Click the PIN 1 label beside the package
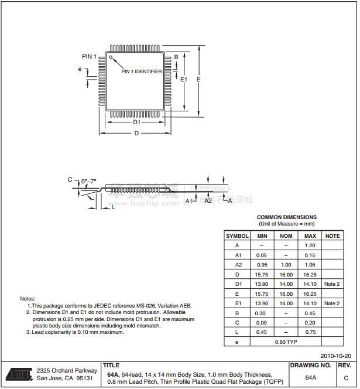pos(88,56)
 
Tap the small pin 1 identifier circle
pos(111,57)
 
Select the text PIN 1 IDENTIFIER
pos(142,71)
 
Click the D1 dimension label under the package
pos(136,122)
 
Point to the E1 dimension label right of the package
pos(184,79)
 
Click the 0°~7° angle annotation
pos(90,181)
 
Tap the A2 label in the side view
pos(208,200)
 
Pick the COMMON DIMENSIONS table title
pos(286,217)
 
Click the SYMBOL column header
pos(237,236)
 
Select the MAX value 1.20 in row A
pos(310,245)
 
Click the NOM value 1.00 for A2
pos(286,265)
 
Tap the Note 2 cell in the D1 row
pos(332,284)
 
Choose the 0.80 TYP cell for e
pos(286,342)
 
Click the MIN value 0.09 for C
pos(262,322)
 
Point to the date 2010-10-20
pos(336,356)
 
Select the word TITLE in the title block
pos(111,366)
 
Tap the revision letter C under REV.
pos(346,378)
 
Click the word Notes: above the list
pos(28,299)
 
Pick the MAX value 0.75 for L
pos(310,332)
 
